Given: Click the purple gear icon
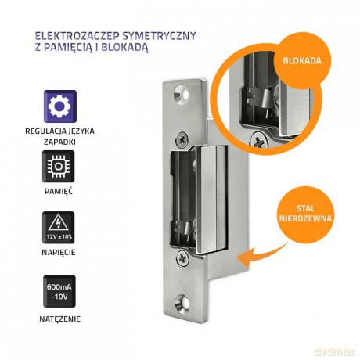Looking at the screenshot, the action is (60, 106).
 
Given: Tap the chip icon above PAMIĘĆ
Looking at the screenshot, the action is (59, 167).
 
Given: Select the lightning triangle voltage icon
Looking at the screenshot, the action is (59, 228).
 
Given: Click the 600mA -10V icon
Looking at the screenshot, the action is (59, 291).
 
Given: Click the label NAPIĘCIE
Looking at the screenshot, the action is (59, 252).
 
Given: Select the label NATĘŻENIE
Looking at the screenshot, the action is (60, 319).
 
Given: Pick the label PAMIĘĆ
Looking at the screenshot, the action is (59, 191).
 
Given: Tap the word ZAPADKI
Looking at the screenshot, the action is (59, 142).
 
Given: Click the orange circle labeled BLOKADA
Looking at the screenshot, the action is (302, 60).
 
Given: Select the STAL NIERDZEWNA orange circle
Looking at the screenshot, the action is (305, 213).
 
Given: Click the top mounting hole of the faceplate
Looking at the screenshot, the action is (182, 94).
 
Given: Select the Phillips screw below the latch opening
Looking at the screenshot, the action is (182, 257).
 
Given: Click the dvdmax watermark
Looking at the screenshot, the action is (335, 351).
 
